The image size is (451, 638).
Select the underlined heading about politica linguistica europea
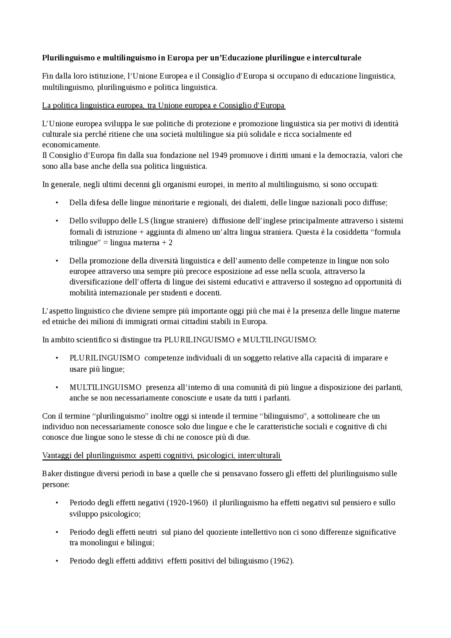click(x=163, y=106)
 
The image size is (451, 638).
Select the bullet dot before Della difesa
click(x=57, y=203)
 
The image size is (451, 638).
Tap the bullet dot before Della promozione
click(x=57, y=261)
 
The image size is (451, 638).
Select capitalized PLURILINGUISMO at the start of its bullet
click(x=105, y=358)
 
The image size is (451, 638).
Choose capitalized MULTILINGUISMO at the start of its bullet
click(x=105, y=388)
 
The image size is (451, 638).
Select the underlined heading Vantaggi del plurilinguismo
click(x=162, y=456)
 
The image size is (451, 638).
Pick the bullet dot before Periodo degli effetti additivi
click(x=57, y=561)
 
